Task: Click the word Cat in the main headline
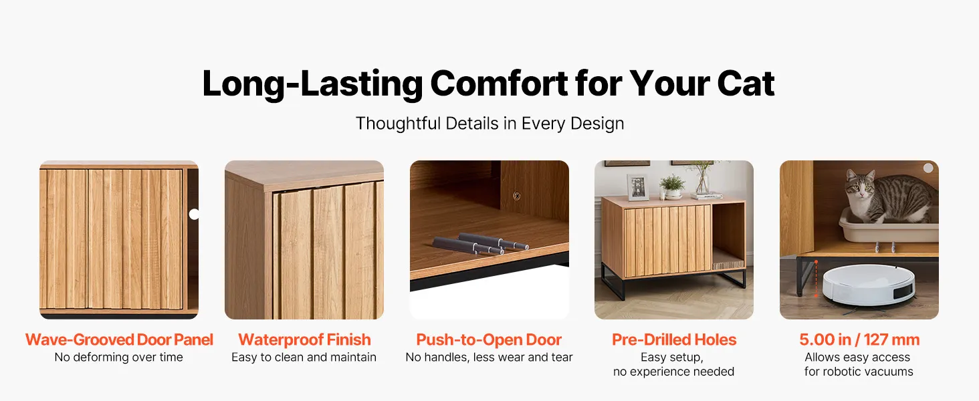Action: point(746,83)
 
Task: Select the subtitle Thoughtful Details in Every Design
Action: point(490,124)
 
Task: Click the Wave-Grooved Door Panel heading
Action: point(119,340)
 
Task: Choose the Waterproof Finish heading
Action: point(304,340)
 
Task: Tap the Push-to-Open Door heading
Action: point(489,340)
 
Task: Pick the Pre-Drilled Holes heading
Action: point(674,340)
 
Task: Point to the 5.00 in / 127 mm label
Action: point(859,340)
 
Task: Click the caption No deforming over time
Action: point(118,357)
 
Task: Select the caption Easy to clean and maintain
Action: point(304,358)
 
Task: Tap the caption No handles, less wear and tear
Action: point(489,358)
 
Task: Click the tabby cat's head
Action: point(860,186)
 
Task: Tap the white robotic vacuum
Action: point(869,285)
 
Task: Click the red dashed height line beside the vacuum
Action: point(816,279)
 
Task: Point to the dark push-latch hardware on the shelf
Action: point(481,244)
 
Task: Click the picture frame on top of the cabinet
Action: point(638,187)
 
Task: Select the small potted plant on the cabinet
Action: point(672,186)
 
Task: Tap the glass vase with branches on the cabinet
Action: point(702,178)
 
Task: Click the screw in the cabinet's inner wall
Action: point(517,196)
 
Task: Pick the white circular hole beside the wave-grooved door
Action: point(194,214)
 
